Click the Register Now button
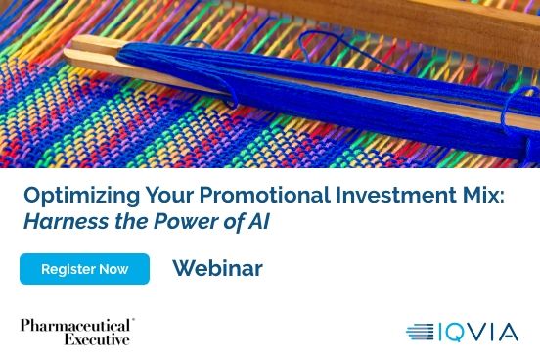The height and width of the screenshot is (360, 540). (x=84, y=269)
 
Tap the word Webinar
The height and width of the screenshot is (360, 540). (x=217, y=269)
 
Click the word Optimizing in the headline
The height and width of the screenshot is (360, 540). (x=69, y=195)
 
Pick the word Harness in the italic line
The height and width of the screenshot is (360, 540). (x=60, y=221)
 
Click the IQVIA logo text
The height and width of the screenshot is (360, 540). (x=478, y=333)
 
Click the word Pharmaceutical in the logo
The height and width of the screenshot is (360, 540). (x=76, y=325)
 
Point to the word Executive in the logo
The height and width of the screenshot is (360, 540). (x=97, y=339)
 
